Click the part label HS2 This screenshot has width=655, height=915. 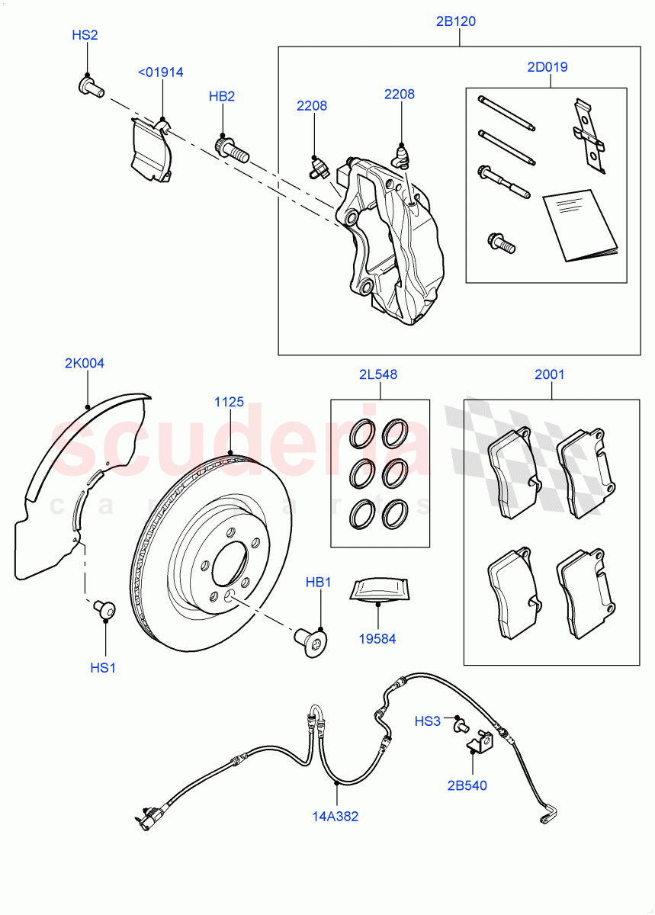point(85,35)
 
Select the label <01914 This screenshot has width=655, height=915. point(160,72)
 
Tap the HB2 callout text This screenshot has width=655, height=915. point(222,97)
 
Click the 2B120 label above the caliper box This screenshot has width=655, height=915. point(456,21)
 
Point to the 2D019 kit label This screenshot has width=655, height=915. point(547,67)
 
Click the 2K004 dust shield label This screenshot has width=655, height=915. point(84,364)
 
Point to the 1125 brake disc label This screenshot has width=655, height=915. point(229,402)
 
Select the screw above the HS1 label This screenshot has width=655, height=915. point(104,609)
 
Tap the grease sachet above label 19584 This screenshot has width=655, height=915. point(379,589)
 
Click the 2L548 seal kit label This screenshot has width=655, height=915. point(378,374)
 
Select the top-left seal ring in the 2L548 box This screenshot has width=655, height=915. point(361,435)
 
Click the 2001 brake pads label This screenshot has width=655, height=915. point(549,374)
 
